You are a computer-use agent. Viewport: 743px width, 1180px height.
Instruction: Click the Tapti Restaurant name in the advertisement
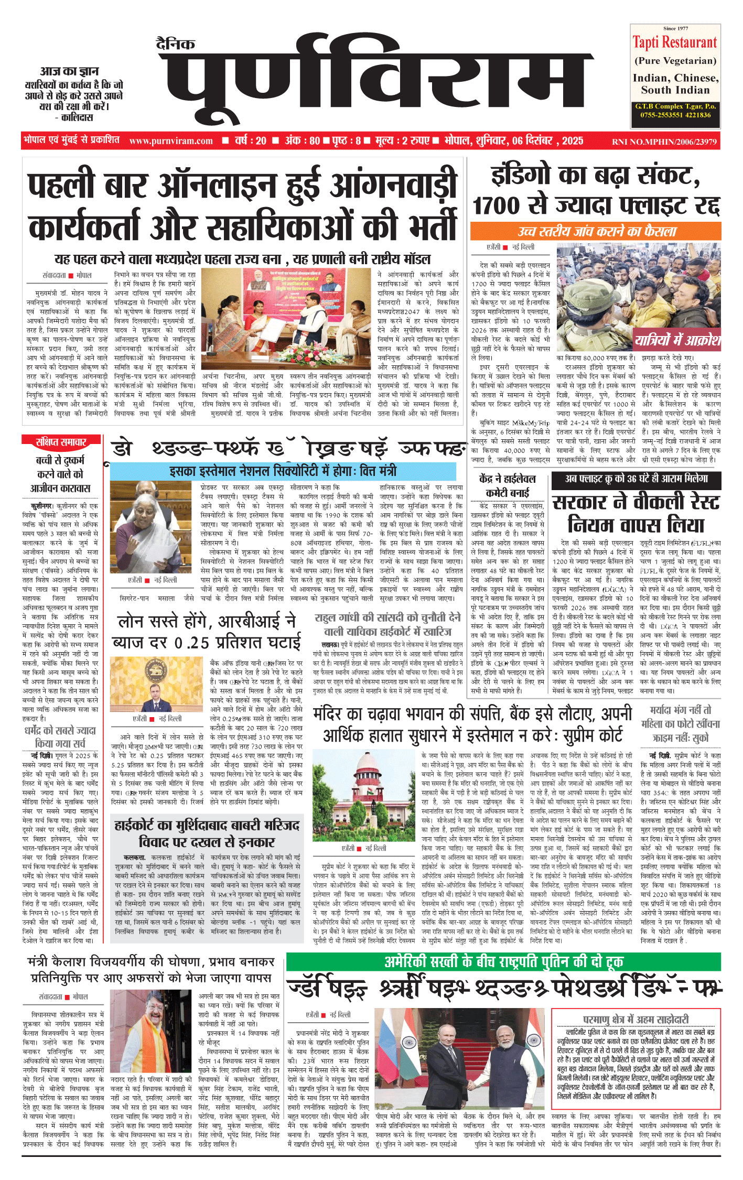[x=675, y=42]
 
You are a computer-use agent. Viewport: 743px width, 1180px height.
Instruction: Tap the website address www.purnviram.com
[x=171, y=141]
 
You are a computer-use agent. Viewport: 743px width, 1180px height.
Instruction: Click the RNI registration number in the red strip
[x=664, y=142]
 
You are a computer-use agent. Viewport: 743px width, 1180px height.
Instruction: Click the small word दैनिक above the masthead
[x=176, y=44]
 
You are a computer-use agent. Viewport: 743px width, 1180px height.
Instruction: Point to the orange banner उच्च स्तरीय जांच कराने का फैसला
[x=596, y=231]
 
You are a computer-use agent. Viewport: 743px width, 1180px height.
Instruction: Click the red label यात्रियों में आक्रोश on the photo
[x=677, y=341]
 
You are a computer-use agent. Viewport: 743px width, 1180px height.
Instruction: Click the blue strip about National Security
[x=283, y=471]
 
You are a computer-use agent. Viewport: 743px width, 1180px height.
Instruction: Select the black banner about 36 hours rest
[x=636, y=479]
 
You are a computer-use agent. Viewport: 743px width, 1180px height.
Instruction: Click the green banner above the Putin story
[x=503, y=961]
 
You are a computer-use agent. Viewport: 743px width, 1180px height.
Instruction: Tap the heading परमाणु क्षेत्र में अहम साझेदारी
[x=636, y=1019]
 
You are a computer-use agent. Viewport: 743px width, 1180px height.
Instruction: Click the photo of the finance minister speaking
[x=152, y=528]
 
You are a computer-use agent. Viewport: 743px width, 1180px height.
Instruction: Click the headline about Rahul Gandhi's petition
[x=387, y=624]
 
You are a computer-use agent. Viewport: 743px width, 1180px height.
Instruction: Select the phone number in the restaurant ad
[x=675, y=115]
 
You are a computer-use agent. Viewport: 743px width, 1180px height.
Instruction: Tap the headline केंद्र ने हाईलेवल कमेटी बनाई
[x=507, y=485]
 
